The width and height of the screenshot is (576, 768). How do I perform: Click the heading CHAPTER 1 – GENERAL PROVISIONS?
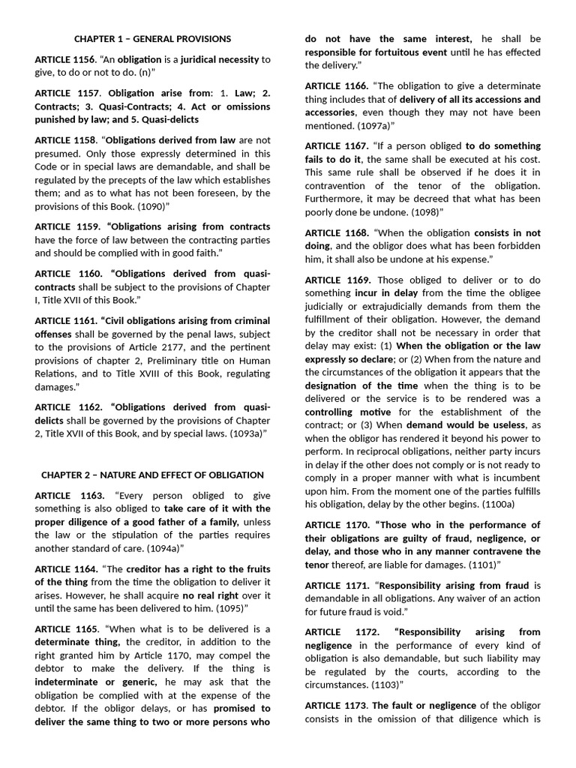152,39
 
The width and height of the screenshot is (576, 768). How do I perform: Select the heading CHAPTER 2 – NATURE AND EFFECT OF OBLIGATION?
152,475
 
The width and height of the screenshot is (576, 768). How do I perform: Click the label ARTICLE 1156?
65,59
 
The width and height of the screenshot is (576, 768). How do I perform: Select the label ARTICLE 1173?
335,706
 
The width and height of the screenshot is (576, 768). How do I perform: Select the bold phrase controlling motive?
347,412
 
